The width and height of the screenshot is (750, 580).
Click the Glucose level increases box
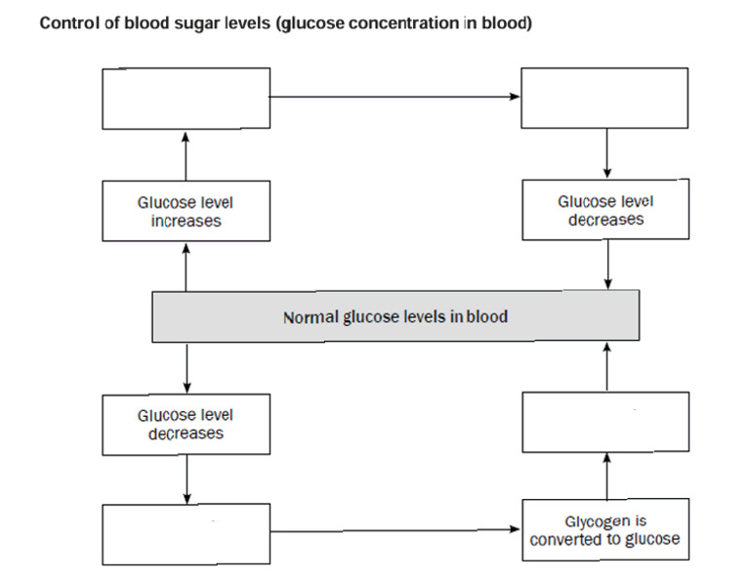pos(186,212)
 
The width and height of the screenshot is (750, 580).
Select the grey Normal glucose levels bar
pos(396,316)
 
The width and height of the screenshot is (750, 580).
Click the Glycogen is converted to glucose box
pos(605,530)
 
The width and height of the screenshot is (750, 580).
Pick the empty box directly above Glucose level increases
pos(186,98)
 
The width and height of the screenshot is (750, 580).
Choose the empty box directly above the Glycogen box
pos(605,421)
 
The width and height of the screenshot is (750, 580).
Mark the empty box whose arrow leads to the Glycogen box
pos(186,534)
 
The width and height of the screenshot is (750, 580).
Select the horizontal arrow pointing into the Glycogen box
pos(396,530)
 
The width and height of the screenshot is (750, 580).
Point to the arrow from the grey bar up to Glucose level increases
pos(186,266)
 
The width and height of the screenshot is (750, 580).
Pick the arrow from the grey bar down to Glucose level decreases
pos(186,367)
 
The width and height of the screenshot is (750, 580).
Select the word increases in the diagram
pos(186,221)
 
